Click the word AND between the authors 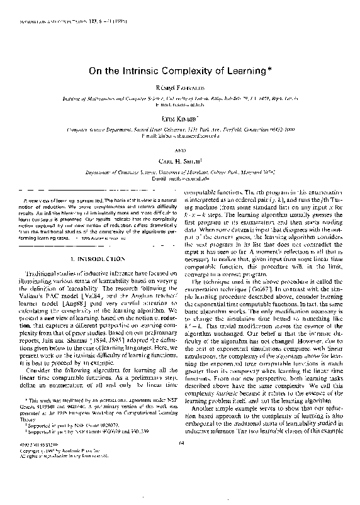point(181,151)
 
